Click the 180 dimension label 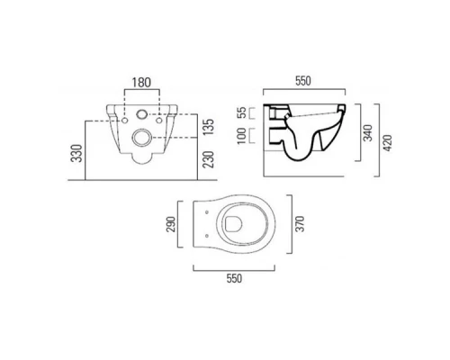click(141, 83)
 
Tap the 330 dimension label click(76, 153)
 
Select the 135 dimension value click(210, 127)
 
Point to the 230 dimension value click(210, 159)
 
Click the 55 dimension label click(242, 112)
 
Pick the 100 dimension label click(242, 136)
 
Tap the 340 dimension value click(368, 133)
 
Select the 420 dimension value click(388, 143)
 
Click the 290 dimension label click(171, 224)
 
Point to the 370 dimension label click(300, 224)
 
